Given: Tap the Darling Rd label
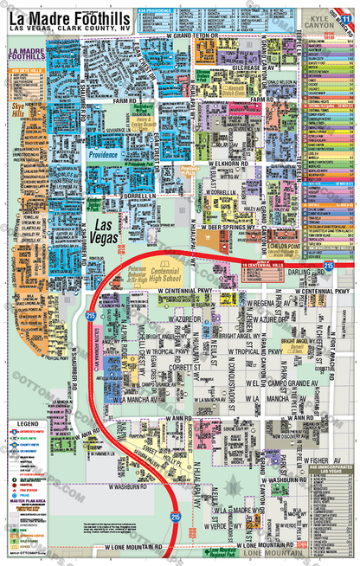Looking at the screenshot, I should pos(303,271).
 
